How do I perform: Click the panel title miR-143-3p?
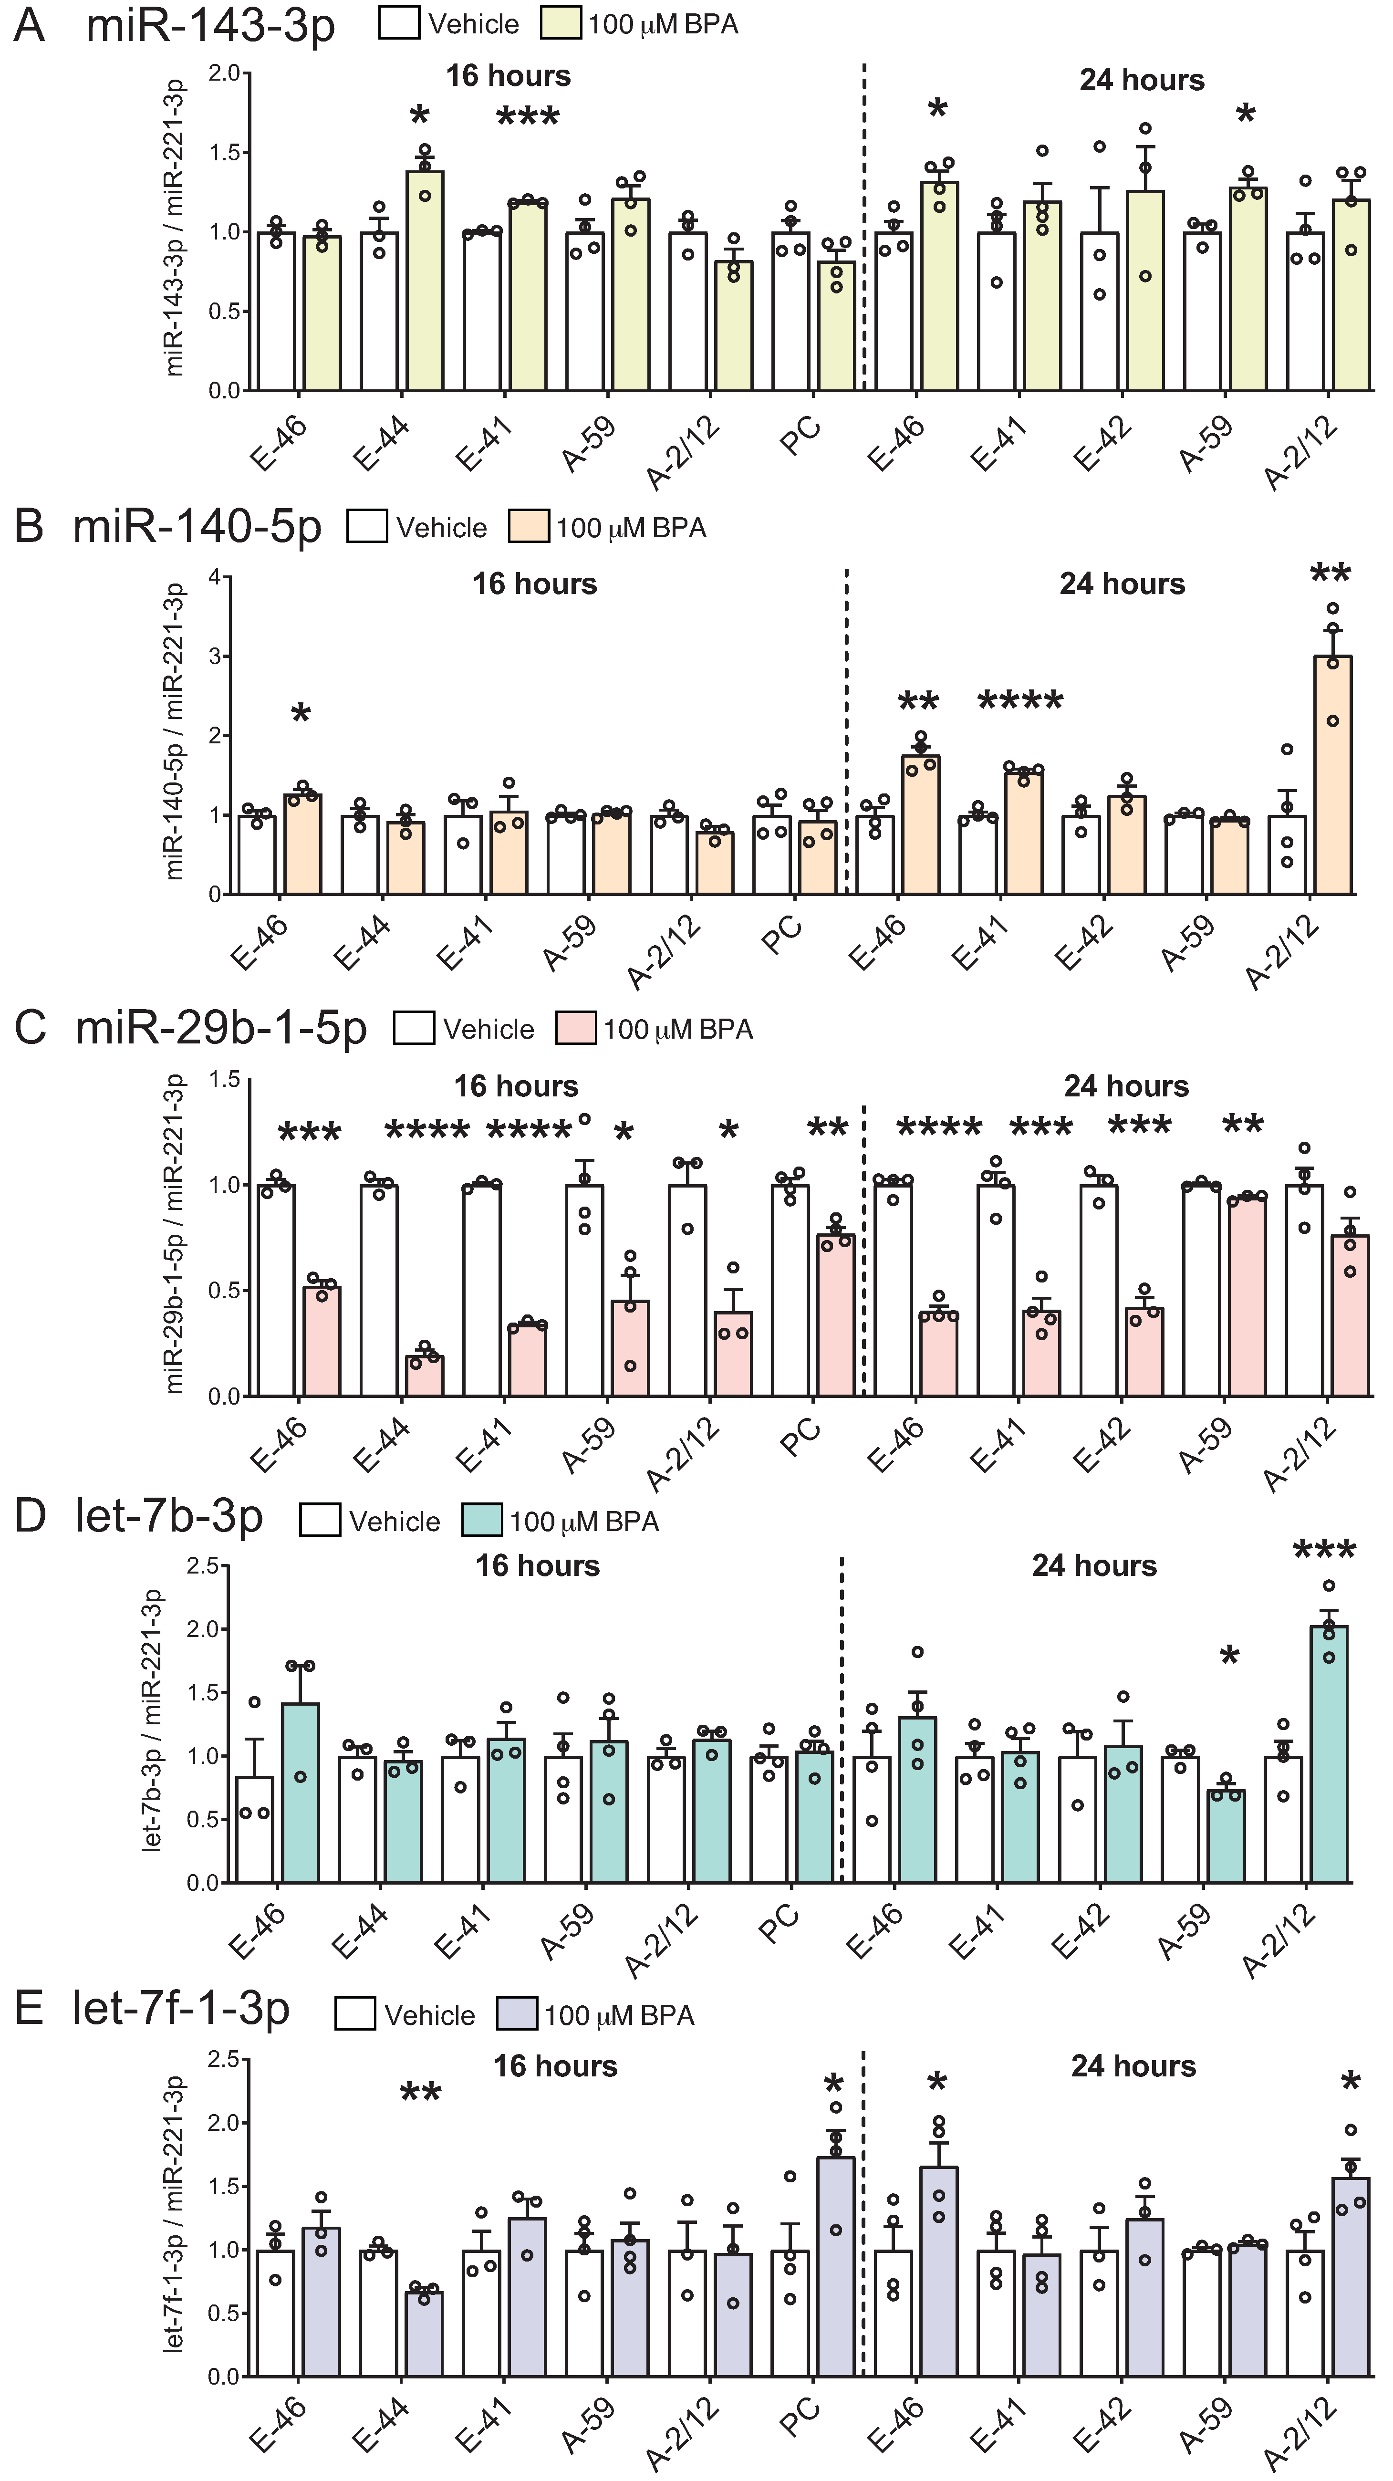[x=210, y=25]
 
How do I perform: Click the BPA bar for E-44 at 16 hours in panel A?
[x=425, y=281]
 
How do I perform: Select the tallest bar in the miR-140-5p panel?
[x=1332, y=775]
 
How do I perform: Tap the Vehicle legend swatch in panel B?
[x=367, y=528]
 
